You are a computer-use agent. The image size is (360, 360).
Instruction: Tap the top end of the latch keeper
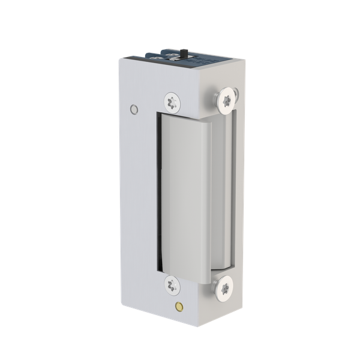[x=186, y=114]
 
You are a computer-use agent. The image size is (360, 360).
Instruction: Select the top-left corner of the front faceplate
[x=119, y=58]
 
